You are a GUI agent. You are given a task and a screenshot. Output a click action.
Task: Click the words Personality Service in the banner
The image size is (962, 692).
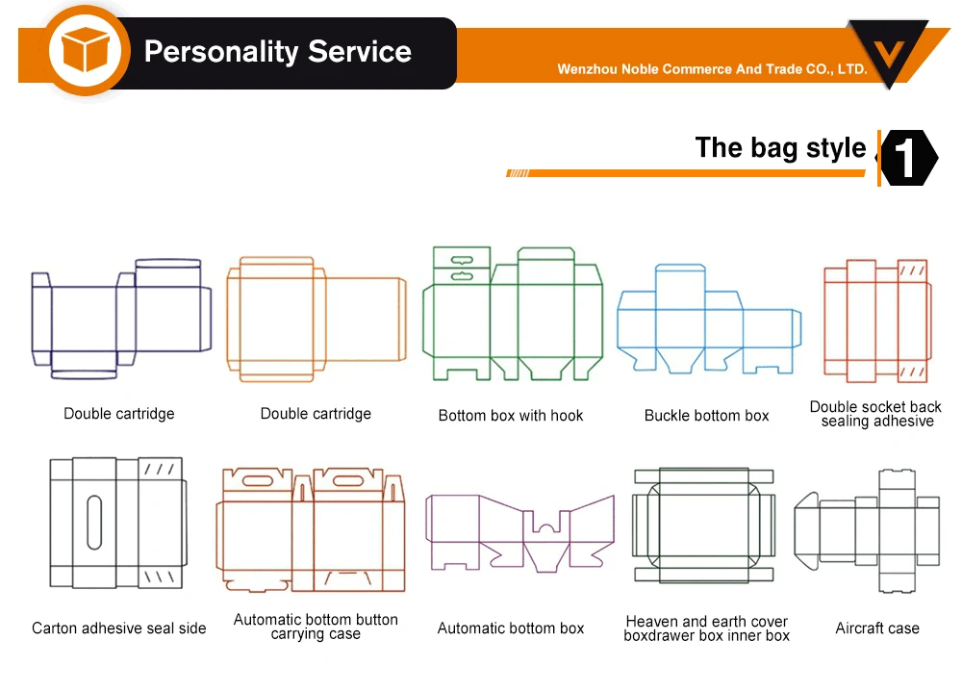click(277, 52)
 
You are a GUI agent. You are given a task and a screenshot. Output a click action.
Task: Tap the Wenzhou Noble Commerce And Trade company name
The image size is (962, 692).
click(712, 69)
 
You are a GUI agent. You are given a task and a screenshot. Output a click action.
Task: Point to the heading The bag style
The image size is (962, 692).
click(780, 148)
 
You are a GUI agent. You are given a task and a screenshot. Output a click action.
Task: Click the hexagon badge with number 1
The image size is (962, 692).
click(909, 158)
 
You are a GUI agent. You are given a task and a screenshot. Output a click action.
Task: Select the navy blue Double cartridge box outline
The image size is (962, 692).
click(120, 318)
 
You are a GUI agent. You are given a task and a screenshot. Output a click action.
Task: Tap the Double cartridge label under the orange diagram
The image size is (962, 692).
click(316, 414)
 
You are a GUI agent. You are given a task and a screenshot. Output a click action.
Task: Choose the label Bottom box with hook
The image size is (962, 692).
click(511, 416)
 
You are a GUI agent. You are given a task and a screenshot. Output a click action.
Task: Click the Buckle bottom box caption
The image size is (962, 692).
click(707, 416)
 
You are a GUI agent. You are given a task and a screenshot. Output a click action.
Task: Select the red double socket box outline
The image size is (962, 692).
click(876, 320)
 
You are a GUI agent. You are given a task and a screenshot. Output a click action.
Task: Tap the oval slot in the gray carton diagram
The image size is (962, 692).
click(93, 522)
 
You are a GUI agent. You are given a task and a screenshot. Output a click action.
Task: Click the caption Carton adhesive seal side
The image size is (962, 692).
click(119, 628)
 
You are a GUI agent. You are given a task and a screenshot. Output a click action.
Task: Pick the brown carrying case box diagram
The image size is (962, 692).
click(314, 531)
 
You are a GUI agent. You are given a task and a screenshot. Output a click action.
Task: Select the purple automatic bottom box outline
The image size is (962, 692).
click(519, 530)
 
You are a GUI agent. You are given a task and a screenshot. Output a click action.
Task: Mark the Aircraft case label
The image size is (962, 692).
click(877, 628)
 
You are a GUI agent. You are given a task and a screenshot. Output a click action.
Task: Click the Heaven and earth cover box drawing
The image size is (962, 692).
click(704, 525)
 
